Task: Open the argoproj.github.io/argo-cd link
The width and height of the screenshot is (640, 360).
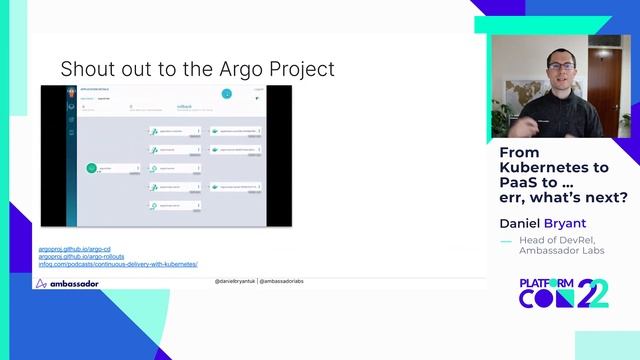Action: [x=74, y=249]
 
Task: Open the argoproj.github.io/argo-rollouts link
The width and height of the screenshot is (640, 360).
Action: [x=80, y=257]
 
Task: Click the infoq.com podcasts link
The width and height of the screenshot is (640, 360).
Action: [x=118, y=264]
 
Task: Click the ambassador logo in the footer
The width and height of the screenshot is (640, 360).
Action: [x=68, y=284]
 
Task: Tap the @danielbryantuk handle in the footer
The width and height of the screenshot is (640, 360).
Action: [x=235, y=283]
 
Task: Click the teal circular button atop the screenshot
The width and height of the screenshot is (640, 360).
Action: [x=227, y=94]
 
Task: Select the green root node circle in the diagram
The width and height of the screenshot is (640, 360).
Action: [x=91, y=168]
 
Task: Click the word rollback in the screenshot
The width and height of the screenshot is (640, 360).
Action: [x=184, y=103]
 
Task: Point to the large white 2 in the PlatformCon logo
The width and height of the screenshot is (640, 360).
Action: [x=597, y=293]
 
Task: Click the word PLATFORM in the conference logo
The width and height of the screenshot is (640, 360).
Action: [x=546, y=284]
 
